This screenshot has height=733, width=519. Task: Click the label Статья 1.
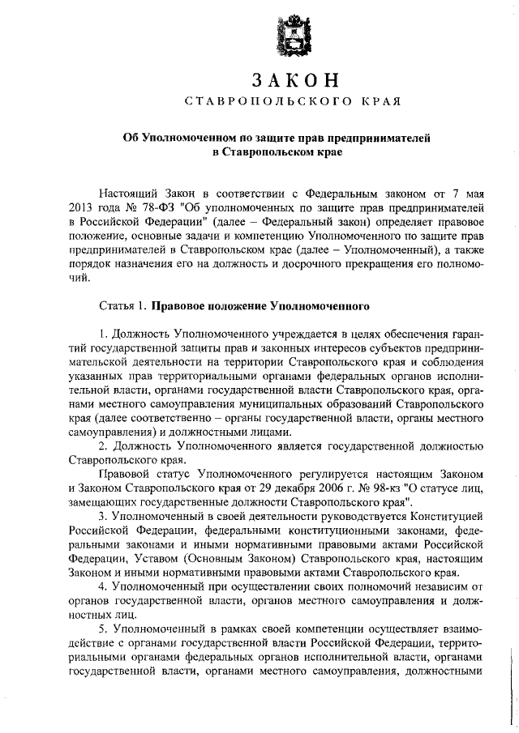[122, 307]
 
